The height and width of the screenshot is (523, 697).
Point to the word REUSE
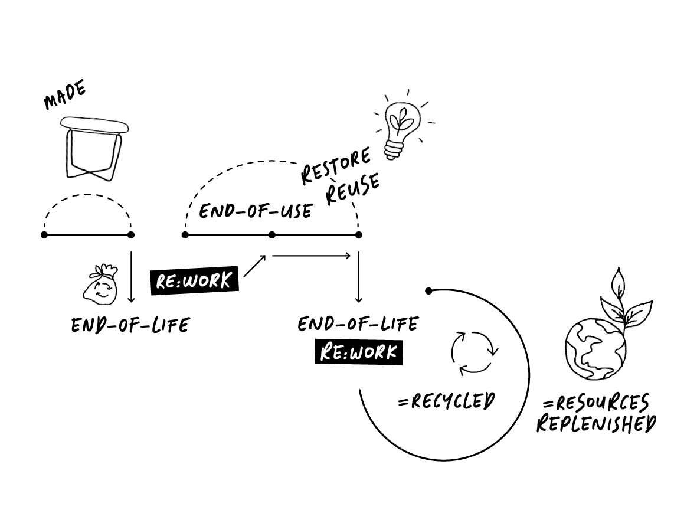(353, 189)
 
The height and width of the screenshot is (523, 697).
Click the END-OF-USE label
(256, 211)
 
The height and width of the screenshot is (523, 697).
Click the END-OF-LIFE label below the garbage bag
(130, 325)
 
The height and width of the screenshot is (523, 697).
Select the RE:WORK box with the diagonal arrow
(194, 280)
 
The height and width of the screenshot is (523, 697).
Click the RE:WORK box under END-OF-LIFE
(358, 352)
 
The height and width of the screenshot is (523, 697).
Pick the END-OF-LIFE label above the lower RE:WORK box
(358, 324)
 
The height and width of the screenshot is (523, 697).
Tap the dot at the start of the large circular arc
(429, 290)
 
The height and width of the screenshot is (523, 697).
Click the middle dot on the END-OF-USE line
(272, 235)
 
